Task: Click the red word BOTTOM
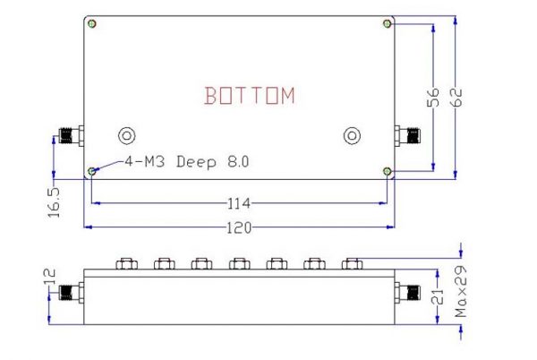[250, 95]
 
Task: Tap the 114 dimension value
[239, 203]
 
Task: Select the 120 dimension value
[239, 227]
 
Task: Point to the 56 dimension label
[433, 98]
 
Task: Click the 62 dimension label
[456, 98]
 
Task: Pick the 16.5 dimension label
[54, 202]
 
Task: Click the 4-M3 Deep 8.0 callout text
[187, 161]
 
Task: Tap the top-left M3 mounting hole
[92, 23]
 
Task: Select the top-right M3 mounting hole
[388, 23]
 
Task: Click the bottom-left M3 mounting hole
[92, 171]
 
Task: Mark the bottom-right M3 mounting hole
[388, 171]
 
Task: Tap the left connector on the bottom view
[72, 135]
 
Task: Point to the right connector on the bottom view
[407, 135]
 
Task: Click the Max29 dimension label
[461, 292]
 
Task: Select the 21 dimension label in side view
[438, 296]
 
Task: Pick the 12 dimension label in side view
[49, 277]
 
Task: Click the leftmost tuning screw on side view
[127, 263]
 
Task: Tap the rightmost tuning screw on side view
[352, 263]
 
